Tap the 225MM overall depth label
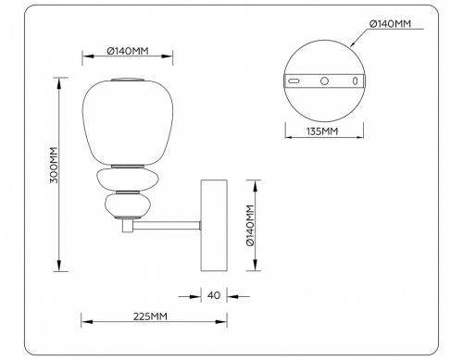point(150,316)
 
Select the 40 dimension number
point(214,296)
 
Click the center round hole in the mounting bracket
point(325,81)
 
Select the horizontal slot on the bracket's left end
point(294,81)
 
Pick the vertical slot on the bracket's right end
point(356,81)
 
